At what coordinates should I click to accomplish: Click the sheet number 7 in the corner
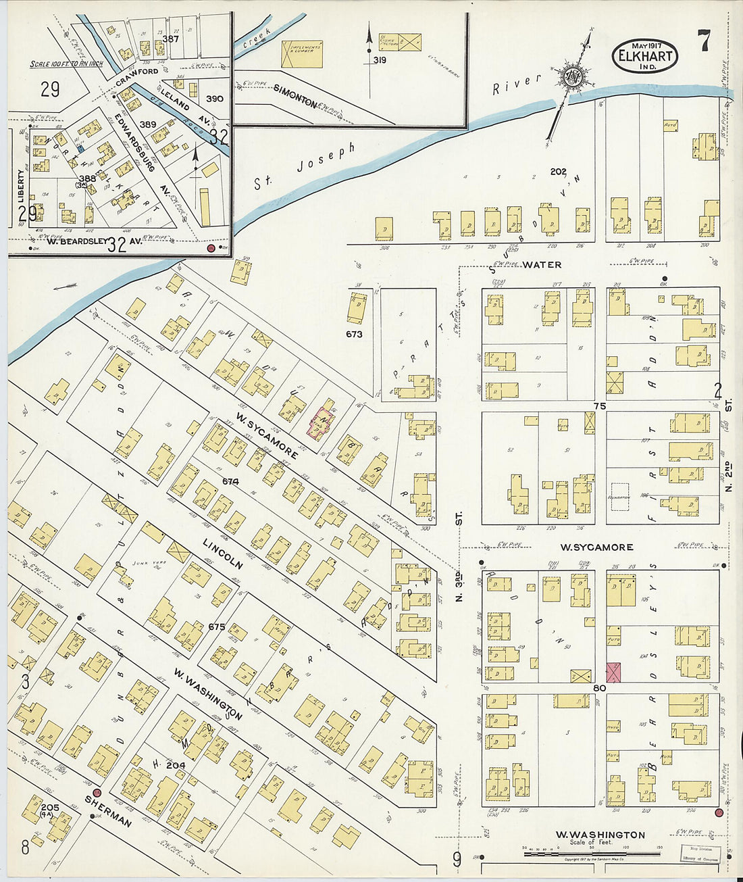704,43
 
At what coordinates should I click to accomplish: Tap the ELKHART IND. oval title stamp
645,56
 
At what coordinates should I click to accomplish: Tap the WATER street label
542,265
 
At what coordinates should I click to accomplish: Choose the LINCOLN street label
222,554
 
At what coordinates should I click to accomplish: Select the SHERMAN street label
107,810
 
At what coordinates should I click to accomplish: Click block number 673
354,334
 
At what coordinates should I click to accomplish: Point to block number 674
230,481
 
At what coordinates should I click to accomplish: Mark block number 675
216,627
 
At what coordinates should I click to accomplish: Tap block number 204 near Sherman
175,765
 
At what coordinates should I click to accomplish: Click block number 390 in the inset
214,99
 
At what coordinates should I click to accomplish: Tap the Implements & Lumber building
301,53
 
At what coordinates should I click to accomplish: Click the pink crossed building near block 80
613,672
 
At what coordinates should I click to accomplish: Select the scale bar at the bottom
592,854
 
